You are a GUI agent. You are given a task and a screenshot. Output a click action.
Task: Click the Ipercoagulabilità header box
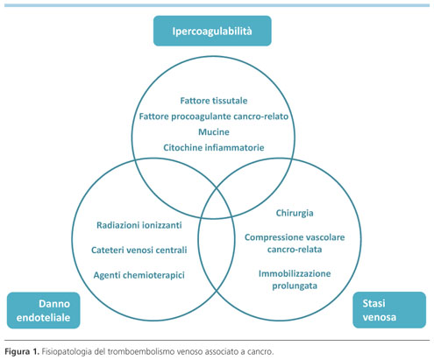pos(212,31)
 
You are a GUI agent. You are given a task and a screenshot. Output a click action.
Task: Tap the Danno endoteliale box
pos(44,310)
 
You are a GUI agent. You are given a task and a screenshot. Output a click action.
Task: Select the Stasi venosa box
pos(389,310)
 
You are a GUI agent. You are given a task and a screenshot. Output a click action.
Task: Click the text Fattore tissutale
pos(214,101)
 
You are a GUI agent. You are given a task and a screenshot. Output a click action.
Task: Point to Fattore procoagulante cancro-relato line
pos(214,116)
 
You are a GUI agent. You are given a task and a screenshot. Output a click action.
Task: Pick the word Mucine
pos(214,132)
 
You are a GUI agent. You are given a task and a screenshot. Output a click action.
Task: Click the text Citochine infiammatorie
pos(214,147)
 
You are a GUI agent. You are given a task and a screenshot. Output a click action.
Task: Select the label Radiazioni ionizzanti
pos(139,225)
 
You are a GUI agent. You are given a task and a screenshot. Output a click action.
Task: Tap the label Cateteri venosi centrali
pos(139,250)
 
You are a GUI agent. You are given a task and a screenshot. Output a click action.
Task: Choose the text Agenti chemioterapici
pos(139,275)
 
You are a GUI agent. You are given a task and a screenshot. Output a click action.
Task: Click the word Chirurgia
pos(295,213)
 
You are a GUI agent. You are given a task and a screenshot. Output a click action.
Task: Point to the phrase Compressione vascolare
pos(295,237)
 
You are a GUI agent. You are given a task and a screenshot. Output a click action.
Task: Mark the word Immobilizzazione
pos(295,273)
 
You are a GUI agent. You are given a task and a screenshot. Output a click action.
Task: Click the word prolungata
pos(295,286)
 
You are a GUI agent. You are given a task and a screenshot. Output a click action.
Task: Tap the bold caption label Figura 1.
pos(22,351)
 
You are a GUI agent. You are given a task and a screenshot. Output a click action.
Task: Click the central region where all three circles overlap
pos(217,203)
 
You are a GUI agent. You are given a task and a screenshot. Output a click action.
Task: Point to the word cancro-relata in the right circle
pos(295,250)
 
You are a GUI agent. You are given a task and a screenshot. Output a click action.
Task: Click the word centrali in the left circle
pos(171,250)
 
